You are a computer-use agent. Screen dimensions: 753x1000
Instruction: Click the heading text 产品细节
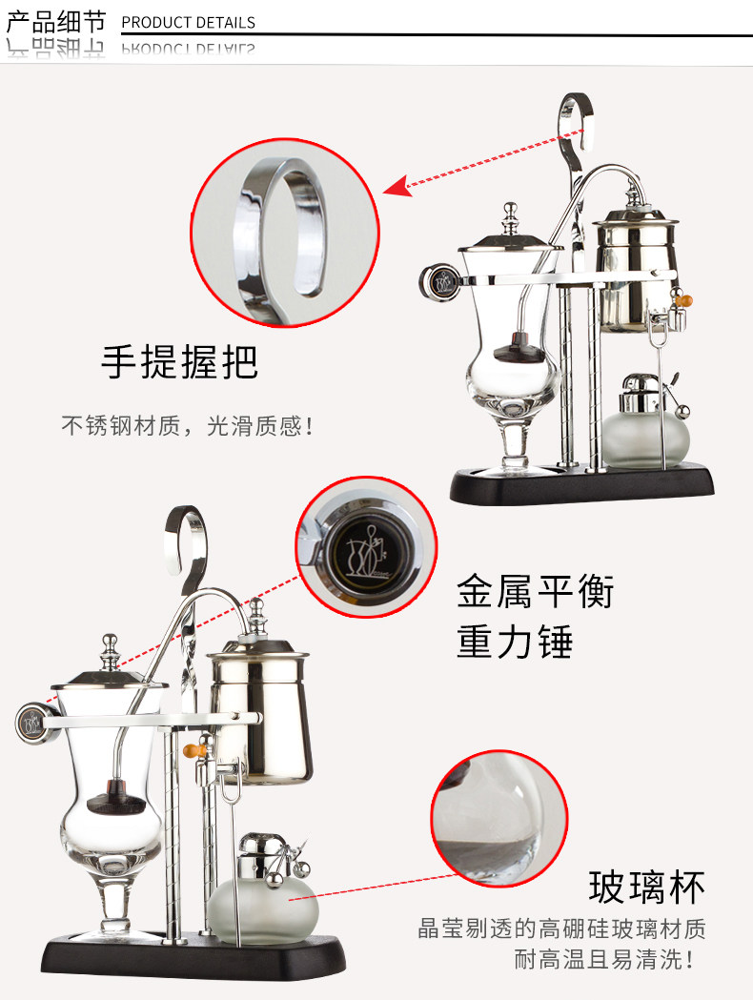point(55,20)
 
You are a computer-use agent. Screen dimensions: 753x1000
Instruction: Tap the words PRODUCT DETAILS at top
point(189,22)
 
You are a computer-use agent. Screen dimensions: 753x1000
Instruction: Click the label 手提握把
point(179,362)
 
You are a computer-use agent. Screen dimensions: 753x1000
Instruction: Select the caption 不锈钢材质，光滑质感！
point(188,425)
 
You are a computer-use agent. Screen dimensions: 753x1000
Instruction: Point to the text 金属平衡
point(535,591)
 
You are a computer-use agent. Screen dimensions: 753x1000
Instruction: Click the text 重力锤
point(515,642)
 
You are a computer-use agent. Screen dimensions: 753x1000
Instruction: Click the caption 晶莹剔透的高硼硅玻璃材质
point(562,928)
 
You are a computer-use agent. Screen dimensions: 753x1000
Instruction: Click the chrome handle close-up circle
point(285,233)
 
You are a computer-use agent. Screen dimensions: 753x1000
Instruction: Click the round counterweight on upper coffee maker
point(440,280)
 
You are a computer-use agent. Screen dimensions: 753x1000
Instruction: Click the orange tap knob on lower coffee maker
point(197,749)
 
